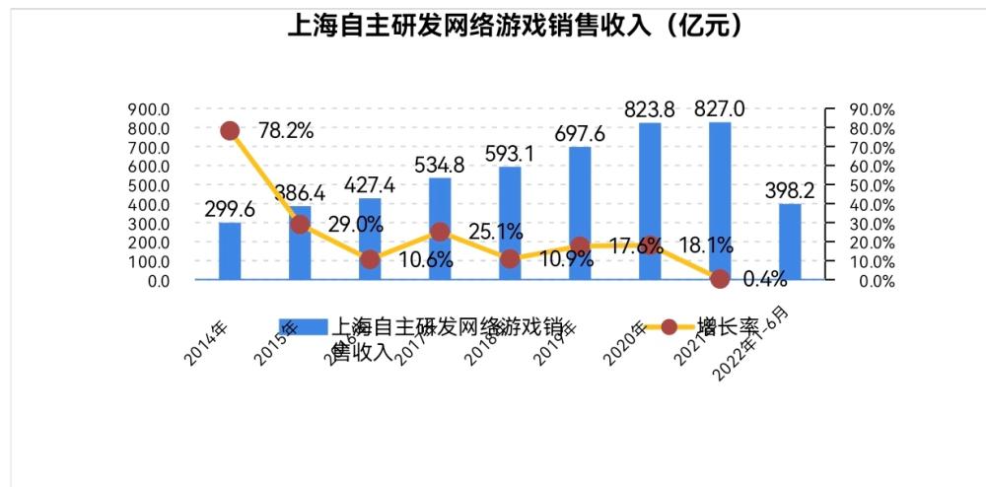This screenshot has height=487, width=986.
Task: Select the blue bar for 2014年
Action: (230, 251)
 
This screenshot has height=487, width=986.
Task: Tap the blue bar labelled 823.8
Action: (650, 201)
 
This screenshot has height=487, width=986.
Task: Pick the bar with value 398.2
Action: (790, 242)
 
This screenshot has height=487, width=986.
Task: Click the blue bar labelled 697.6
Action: (580, 213)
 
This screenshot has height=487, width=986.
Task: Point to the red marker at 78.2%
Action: (230, 131)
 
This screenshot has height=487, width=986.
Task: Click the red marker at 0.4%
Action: (720, 279)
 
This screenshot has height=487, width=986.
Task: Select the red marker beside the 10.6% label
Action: (370, 260)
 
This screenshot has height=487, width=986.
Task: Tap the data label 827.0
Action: (719, 108)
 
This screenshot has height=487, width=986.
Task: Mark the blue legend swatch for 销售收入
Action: (290, 327)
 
